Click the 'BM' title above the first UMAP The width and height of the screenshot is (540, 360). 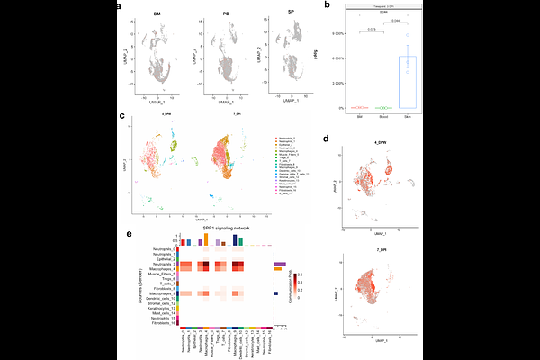point(157,15)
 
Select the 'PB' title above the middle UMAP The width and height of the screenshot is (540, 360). point(225,15)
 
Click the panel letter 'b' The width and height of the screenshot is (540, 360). point(327,6)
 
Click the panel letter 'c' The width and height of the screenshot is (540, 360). point(120,116)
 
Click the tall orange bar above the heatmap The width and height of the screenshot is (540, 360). point(206,240)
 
